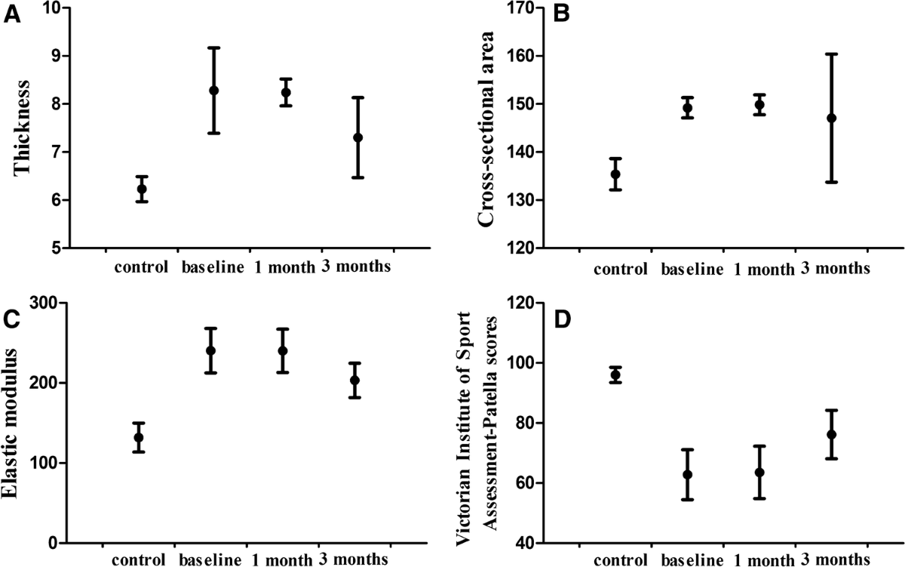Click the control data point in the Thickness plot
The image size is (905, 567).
(142, 190)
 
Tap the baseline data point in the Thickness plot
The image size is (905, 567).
(213, 91)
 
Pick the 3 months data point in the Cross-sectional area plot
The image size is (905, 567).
(831, 119)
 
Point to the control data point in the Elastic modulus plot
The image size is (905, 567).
(138, 437)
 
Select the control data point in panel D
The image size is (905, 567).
(615, 374)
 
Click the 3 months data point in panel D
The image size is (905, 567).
(831, 434)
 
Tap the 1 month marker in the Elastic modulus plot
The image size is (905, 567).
(283, 350)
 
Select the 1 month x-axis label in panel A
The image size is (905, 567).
(283, 268)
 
